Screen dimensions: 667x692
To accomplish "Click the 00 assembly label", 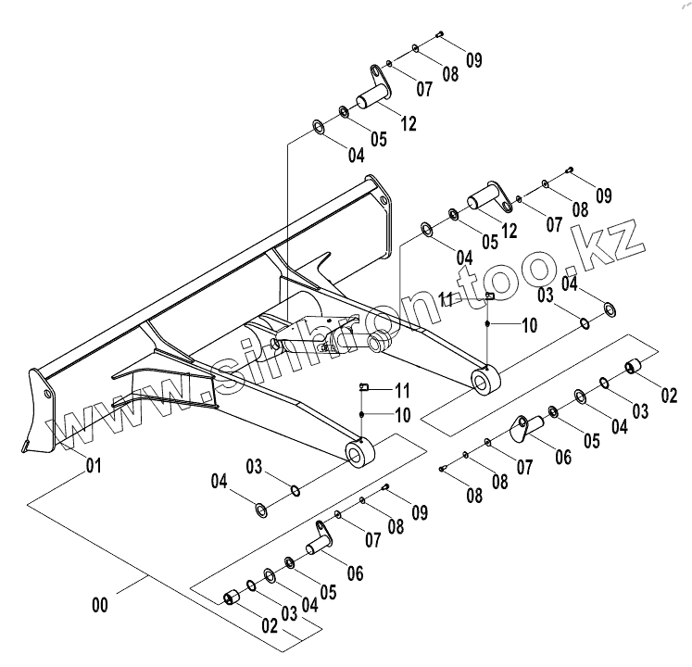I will coord(101,606).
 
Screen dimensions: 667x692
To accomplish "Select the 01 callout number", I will coord(93,464).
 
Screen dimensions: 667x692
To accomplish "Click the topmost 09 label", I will coord(473,60).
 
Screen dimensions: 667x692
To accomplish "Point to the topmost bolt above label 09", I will coord(438,34).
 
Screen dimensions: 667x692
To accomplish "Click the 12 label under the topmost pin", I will coord(409,121).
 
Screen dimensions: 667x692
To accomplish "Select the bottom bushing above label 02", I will coord(230,597).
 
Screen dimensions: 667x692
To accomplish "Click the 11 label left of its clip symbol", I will coord(447,298).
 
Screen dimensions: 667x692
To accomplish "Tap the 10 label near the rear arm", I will coord(528,325).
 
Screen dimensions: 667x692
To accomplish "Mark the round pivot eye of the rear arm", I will coord(485,379).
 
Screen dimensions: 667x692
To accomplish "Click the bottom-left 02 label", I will coord(269,625).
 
